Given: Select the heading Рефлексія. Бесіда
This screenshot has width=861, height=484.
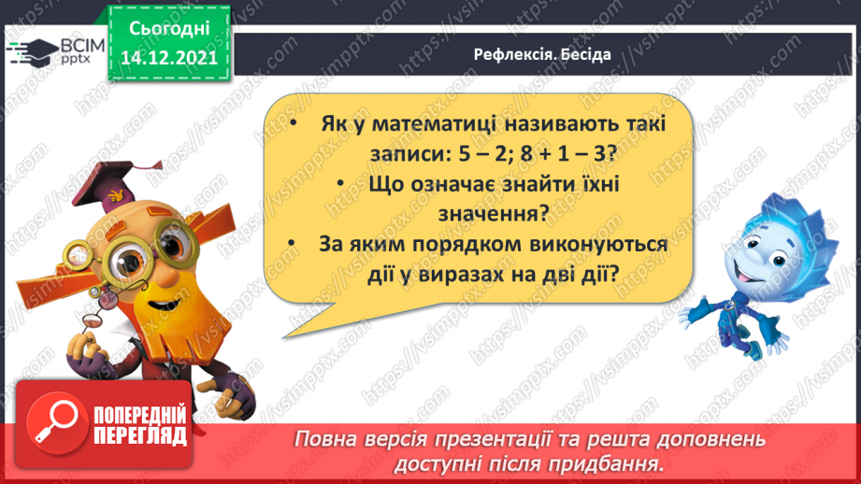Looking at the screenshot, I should [x=541, y=54].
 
